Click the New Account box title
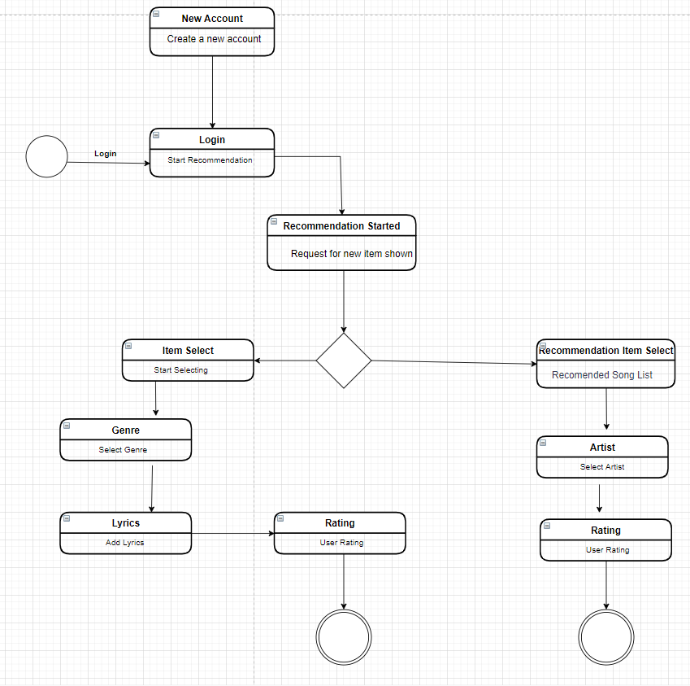[x=212, y=19]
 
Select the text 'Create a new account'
[x=214, y=39]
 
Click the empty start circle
[x=46, y=156]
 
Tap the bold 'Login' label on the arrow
[x=106, y=154]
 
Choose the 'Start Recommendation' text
[x=210, y=160]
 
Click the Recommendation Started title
[x=341, y=226]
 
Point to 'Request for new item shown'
[x=351, y=254]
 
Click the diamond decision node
[x=344, y=360]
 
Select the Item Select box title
[x=188, y=351]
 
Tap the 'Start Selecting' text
[x=180, y=370]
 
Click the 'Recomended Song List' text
[x=601, y=375]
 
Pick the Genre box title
[x=125, y=430]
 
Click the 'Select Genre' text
[x=123, y=450]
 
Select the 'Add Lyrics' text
[x=124, y=543]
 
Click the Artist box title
[x=602, y=448]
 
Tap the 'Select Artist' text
[x=602, y=467]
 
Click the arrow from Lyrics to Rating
[x=232, y=534]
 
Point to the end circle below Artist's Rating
[x=606, y=636]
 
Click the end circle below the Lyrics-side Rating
[x=344, y=636]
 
